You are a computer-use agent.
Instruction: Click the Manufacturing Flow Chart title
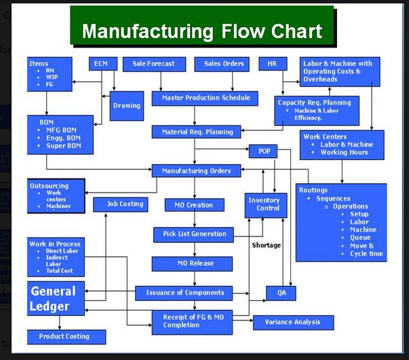click(201, 31)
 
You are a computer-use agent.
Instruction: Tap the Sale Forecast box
click(153, 64)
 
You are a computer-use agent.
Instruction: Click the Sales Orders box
click(224, 64)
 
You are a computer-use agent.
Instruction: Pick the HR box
click(273, 64)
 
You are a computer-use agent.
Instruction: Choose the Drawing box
click(127, 106)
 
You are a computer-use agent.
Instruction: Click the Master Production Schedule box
click(196, 98)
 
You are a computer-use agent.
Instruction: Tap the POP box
click(263, 151)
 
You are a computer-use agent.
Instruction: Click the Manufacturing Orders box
click(196, 172)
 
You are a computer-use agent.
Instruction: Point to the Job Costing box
click(126, 204)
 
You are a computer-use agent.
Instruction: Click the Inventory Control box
click(264, 205)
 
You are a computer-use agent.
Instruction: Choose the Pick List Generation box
click(194, 235)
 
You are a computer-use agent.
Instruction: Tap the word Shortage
click(267, 245)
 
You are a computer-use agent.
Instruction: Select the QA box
click(271, 293)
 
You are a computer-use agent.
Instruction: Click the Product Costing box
click(67, 336)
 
